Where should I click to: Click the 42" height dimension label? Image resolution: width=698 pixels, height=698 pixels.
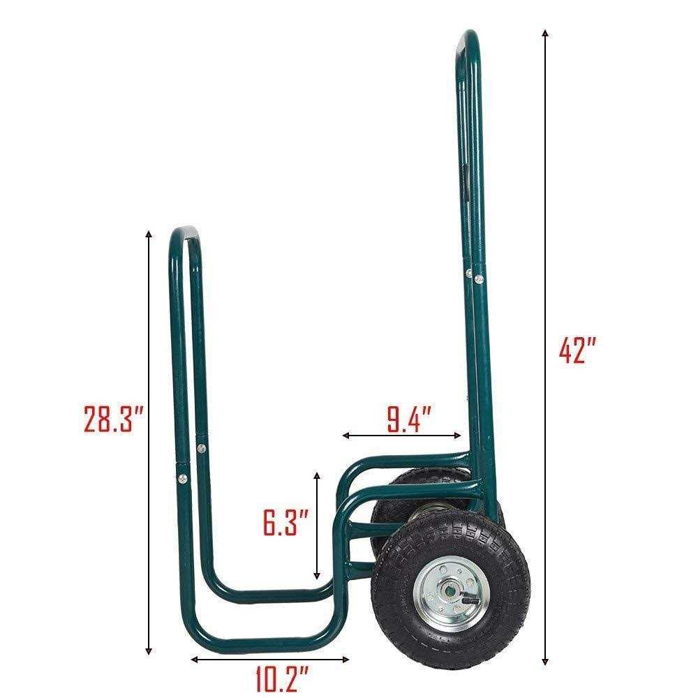click(x=577, y=350)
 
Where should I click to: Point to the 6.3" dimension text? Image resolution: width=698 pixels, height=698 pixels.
click(x=285, y=522)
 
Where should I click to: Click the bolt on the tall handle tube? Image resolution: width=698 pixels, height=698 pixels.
click(x=479, y=279)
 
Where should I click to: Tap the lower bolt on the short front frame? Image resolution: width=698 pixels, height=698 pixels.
click(x=182, y=478)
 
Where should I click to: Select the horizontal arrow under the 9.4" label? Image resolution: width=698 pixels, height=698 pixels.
click(x=402, y=436)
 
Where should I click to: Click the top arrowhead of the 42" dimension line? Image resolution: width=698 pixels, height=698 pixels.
click(x=544, y=33)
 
